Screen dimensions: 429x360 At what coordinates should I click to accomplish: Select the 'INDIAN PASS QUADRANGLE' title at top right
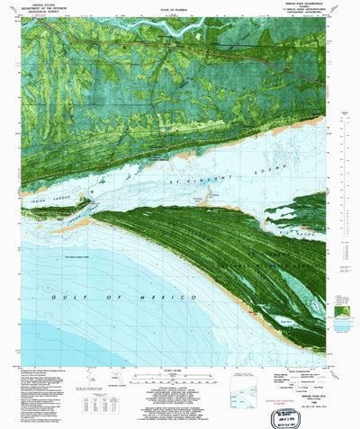(316, 4)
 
